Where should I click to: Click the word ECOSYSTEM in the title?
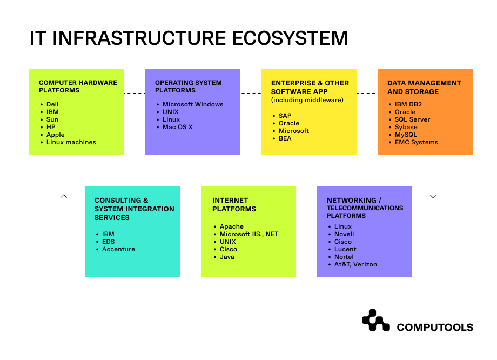click(x=290, y=38)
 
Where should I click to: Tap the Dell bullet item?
click(x=52, y=104)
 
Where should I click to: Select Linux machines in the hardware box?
click(x=71, y=142)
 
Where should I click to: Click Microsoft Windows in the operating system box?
click(x=193, y=104)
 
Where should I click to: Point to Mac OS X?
click(x=178, y=127)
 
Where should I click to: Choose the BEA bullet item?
click(x=285, y=138)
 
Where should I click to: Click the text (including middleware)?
click(x=307, y=100)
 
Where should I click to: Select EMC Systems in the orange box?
click(x=416, y=142)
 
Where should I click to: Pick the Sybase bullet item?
click(x=406, y=127)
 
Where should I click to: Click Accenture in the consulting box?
click(x=118, y=249)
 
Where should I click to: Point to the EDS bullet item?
click(x=108, y=242)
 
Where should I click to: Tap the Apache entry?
click(x=231, y=226)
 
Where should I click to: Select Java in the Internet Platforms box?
click(x=227, y=257)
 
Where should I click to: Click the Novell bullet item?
click(x=344, y=234)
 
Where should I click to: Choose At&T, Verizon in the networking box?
click(x=355, y=264)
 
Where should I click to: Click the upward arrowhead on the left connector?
click(x=64, y=196)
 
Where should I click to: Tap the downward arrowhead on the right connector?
click(x=433, y=196)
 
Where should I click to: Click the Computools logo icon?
click(x=376, y=321)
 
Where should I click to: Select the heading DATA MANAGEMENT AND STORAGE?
click(x=424, y=87)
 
